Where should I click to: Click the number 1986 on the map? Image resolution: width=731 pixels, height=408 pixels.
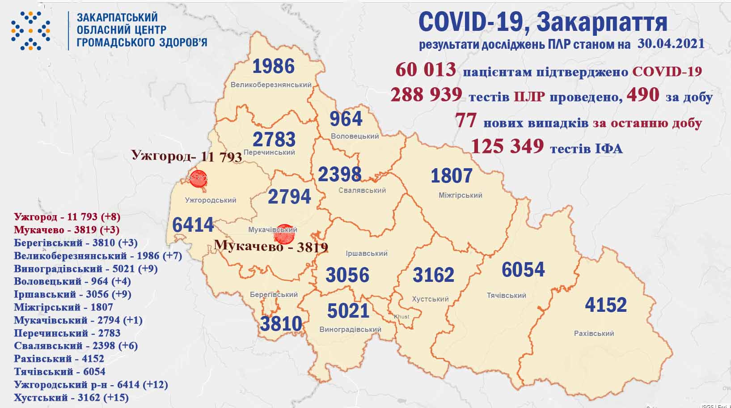[274, 66]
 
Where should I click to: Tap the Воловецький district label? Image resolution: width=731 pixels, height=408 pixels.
[355, 136]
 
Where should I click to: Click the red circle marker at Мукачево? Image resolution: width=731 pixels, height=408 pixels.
[284, 234]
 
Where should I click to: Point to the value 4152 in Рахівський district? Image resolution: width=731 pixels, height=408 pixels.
[606, 305]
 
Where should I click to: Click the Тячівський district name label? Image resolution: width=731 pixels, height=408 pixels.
[506, 295]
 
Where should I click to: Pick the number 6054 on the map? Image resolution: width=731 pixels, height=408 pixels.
[523, 270]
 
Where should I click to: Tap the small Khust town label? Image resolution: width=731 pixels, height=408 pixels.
[401, 316]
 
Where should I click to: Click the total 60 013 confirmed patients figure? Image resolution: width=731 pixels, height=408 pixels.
[426, 70]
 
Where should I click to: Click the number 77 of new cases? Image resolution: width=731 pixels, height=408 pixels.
[465, 121]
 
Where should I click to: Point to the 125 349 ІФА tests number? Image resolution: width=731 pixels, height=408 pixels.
[507, 146]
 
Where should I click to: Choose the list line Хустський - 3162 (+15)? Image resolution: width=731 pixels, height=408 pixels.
[71, 397]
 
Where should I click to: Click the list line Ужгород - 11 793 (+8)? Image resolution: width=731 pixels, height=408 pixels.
[67, 217]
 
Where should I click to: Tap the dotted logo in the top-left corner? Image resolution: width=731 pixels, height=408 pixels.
[30, 30]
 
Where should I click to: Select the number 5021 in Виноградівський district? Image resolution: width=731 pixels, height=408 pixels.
[348, 310]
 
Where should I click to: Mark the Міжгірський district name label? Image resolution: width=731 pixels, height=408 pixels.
[460, 195]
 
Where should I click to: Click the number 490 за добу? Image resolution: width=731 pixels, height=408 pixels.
[643, 95]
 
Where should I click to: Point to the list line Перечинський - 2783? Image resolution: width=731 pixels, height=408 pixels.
[67, 333]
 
